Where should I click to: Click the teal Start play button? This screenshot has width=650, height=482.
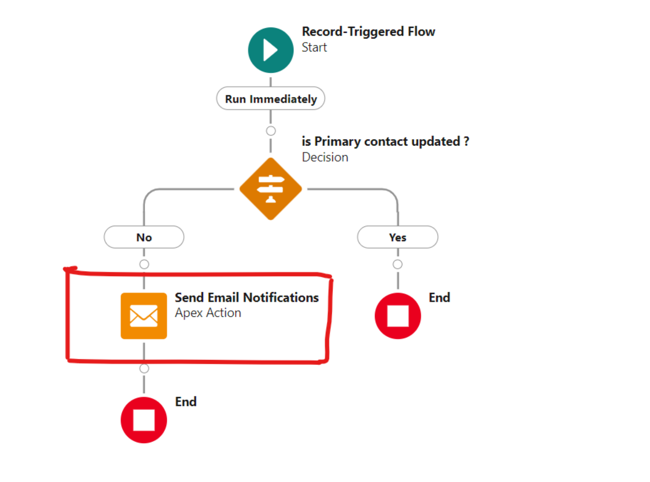[271, 50]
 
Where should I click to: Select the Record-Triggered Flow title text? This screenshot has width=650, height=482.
[368, 31]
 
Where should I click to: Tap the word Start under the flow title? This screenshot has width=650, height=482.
[314, 47]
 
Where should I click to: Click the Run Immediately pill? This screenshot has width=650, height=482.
[271, 99]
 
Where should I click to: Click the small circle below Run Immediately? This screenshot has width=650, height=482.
[271, 131]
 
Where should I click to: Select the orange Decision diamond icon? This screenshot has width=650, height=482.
[271, 189]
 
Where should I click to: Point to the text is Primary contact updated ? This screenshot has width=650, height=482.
[385, 141]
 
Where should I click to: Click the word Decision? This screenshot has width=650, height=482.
[325, 157]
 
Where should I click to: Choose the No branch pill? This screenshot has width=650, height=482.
[144, 237]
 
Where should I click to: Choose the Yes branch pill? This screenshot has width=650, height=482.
[397, 237]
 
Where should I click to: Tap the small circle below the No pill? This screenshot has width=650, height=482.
[144, 264]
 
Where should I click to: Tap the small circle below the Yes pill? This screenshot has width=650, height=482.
[397, 264]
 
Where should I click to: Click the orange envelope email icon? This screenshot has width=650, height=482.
[144, 316]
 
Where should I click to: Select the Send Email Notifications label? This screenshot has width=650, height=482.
[247, 297]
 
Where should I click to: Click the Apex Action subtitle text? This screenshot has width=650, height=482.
[208, 313]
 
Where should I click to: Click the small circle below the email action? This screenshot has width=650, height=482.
[144, 368]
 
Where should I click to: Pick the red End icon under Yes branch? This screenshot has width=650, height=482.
[397, 316]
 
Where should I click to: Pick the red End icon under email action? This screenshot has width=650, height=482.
[144, 420]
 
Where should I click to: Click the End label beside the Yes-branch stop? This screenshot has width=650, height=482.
[439, 297]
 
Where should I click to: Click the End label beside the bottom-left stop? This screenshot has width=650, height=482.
[186, 402]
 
